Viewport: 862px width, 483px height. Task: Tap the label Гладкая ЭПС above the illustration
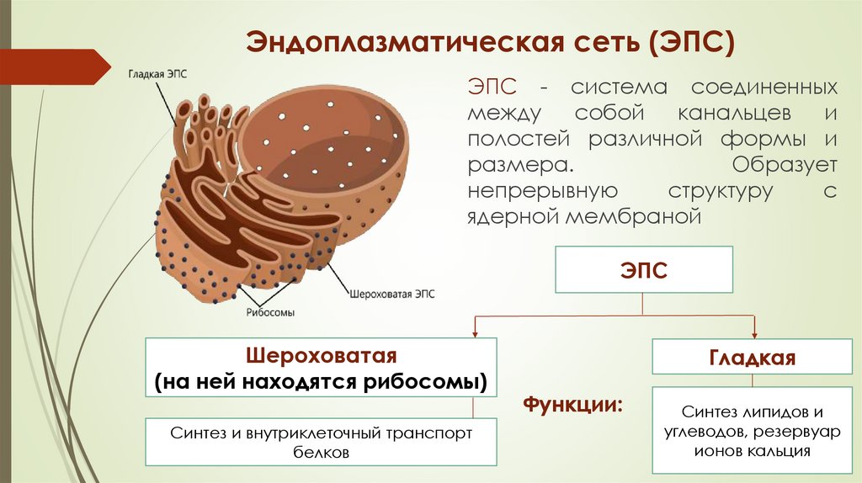coord(157,74)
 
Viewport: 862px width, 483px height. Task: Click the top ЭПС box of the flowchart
coord(643,271)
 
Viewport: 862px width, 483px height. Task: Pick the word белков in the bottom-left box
coord(321,452)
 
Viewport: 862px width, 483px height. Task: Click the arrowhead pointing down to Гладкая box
coord(754,329)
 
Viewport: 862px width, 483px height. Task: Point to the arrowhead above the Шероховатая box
coord(476,329)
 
